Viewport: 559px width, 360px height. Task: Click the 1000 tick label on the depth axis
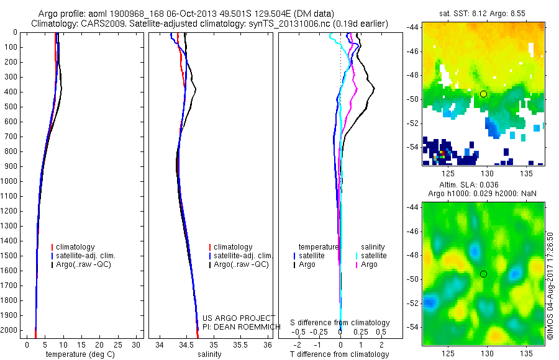(9, 181)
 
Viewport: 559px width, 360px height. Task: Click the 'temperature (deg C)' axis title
(78, 354)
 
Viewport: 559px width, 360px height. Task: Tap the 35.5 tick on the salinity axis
(240, 344)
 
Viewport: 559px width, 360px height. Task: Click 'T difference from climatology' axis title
(340, 354)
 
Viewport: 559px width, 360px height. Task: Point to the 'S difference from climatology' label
(340, 323)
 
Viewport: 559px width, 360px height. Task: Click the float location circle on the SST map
(483, 94)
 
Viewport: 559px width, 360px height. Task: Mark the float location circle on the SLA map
(483, 274)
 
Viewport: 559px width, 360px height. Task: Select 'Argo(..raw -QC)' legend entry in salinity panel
(241, 264)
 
